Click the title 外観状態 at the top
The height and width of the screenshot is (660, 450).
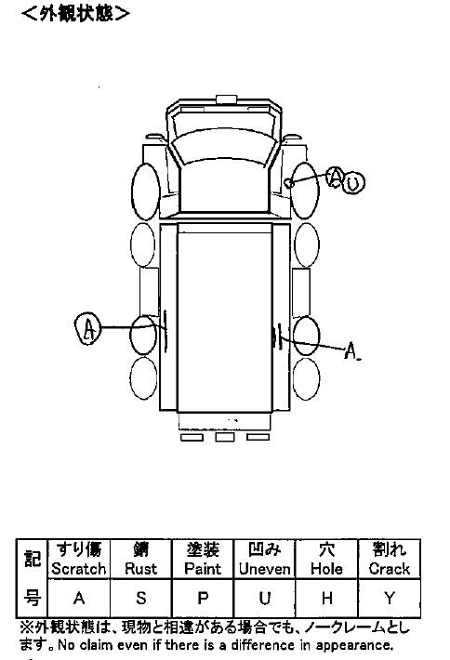[x=75, y=13]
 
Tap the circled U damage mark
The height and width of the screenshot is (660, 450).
[x=352, y=183]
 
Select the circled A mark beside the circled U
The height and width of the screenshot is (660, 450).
[x=336, y=178]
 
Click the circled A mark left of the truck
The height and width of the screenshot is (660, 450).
[x=88, y=328]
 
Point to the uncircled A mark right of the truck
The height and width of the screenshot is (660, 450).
[x=351, y=350]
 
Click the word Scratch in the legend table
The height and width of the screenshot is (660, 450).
[x=79, y=569]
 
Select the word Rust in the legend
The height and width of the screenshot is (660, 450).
[x=141, y=569]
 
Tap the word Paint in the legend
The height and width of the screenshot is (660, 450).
[x=203, y=569]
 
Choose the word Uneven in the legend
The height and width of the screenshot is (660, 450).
[x=265, y=569]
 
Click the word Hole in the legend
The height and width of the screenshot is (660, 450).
[x=326, y=569]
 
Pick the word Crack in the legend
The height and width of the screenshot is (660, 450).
[x=390, y=569]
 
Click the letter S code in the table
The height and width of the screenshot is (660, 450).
[x=141, y=598]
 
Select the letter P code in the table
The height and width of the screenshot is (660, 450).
[x=203, y=598]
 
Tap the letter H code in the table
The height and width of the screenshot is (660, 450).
[x=326, y=598]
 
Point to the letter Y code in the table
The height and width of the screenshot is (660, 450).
[x=390, y=598]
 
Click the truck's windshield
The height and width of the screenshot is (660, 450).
[x=224, y=147]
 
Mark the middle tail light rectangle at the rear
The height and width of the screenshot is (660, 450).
[x=225, y=437]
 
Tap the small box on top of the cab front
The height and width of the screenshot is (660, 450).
[x=227, y=99]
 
